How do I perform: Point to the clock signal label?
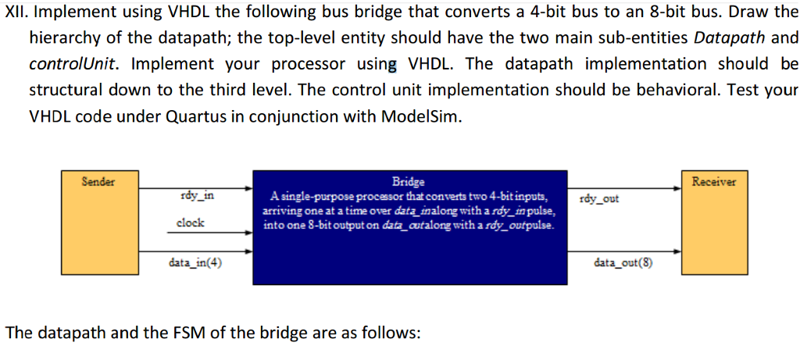coord(190,223)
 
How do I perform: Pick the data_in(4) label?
coord(195,262)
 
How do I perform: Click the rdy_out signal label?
coord(599,198)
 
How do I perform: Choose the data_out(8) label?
coord(623,262)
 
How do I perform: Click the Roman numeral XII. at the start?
coord(20,12)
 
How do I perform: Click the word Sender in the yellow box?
coord(99,181)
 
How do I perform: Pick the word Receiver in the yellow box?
coord(713,181)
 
